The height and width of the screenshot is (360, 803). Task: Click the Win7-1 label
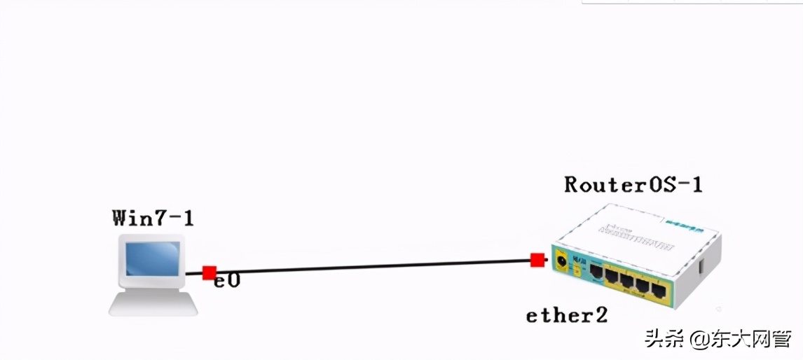[x=153, y=218]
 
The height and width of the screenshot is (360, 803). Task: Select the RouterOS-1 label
[x=633, y=185]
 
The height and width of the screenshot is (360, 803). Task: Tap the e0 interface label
[x=228, y=281]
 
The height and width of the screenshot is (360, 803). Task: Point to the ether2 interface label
[x=567, y=315]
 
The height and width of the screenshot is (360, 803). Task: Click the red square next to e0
[x=209, y=272]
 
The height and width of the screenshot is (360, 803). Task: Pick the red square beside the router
[x=537, y=261]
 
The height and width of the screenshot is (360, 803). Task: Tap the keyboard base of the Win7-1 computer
[x=153, y=305]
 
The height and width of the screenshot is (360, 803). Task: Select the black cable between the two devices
[x=371, y=266]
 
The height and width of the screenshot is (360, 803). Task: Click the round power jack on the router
[x=561, y=263]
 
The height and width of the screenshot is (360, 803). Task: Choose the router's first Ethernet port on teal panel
[x=596, y=270]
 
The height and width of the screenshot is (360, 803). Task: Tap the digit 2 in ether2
[x=600, y=315]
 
